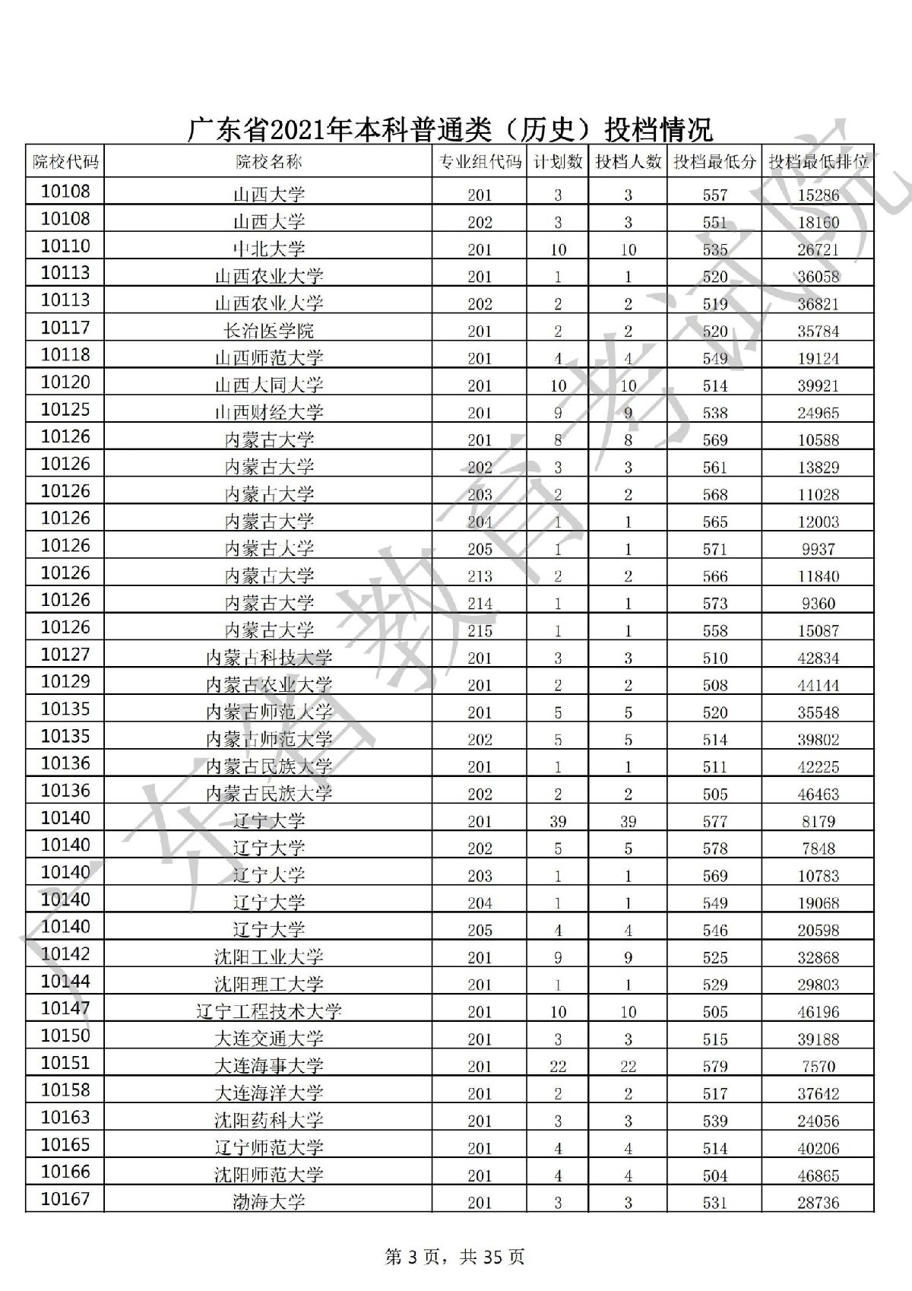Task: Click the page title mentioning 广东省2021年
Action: coord(450,129)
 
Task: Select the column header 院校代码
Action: coord(65,161)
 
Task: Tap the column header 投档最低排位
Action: coord(818,161)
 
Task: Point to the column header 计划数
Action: coord(558,161)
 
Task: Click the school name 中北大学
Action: coord(268,249)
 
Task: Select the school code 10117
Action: coord(65,328)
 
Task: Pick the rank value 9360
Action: coord(818,604)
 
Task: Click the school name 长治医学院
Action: coord(268,331)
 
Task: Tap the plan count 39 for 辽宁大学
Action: coord(558,821)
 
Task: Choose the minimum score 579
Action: coord(715,1066)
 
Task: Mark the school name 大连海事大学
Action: coord(268,1066)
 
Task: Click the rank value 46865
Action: coord(818,1175)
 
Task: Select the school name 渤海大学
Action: coord(268,1202)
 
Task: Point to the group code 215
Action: coord(480,631)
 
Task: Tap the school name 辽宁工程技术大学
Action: coord(268,1012)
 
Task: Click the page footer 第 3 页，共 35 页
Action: coord(455,1258)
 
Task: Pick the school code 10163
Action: coord(65,1118)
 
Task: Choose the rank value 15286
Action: coord(818,195)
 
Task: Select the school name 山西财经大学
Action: coord(268,413)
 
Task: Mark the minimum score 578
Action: coord(715,849)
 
